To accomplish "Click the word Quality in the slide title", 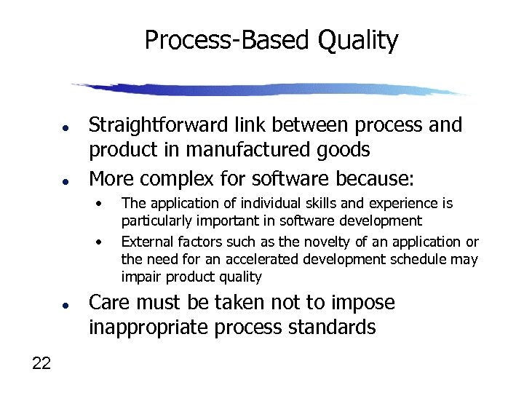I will pos(357,40).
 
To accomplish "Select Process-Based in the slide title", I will pos(227,40).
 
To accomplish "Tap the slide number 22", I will pos(41,364).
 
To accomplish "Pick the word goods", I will pos(345,151).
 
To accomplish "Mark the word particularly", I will pos(152,221).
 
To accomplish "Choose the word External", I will pos(145,242).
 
